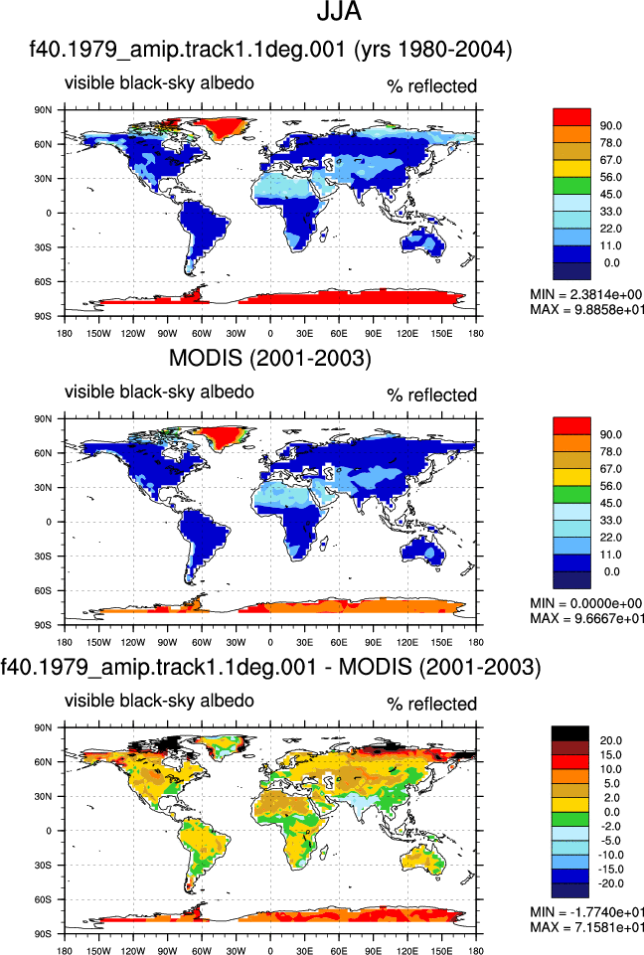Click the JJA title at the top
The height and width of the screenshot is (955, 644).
(339, 12)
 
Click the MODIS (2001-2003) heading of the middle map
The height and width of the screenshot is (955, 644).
(270, 358)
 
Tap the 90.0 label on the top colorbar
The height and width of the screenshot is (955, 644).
(610, 126)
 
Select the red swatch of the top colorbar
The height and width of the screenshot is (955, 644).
(571, 117)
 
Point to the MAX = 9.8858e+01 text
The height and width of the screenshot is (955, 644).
(586, 309)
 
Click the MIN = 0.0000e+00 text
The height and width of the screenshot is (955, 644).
(586, 603)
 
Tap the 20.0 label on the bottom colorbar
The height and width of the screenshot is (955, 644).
(610, 740)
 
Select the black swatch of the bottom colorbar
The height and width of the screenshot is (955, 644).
(570, 733)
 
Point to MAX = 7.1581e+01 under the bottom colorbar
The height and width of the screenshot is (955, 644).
(586, 927)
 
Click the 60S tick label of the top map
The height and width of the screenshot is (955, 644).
(44, 282)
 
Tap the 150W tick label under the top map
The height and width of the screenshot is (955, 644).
(98, 333)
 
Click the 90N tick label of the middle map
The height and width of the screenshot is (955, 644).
(44, 419)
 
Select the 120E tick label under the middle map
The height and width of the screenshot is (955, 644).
(407, 642)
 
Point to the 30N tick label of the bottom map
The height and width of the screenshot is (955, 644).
(44, 796)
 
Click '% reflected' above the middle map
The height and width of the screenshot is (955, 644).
(432, 396)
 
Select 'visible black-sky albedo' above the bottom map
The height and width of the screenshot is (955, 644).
(160, 701)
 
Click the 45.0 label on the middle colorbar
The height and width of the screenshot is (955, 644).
(610, 503)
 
